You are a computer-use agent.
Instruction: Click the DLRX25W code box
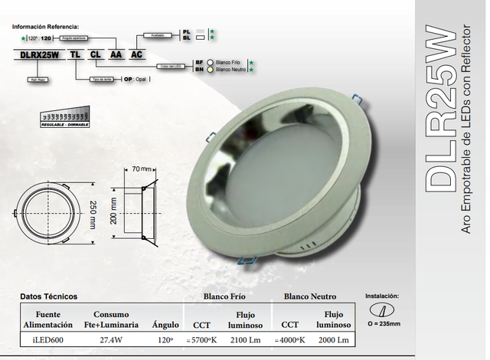pyautogui.click(x=38, y=55)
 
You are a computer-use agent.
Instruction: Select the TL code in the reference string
pyautogui.click(x=75, y=55)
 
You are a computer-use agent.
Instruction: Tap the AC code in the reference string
pyautogui.click(x=136, y=55)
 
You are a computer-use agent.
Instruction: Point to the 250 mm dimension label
pyautogui.click(x=93, y=208)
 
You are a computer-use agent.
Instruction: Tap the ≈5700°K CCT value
pyautogui.click(x=202, y=340)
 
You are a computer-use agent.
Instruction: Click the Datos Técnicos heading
pyautogui.click(x=48, y=296)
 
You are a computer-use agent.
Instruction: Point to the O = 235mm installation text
pyautogui.click(x=384, y=323)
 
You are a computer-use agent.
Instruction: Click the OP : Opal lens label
pyautogui.click(x=137, y=78)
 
